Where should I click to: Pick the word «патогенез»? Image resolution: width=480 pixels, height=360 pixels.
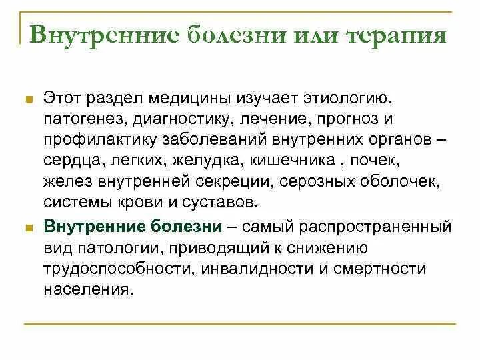click(x=83, y=120)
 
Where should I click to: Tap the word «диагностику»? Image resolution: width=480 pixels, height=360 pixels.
click(x=178, y=120)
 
